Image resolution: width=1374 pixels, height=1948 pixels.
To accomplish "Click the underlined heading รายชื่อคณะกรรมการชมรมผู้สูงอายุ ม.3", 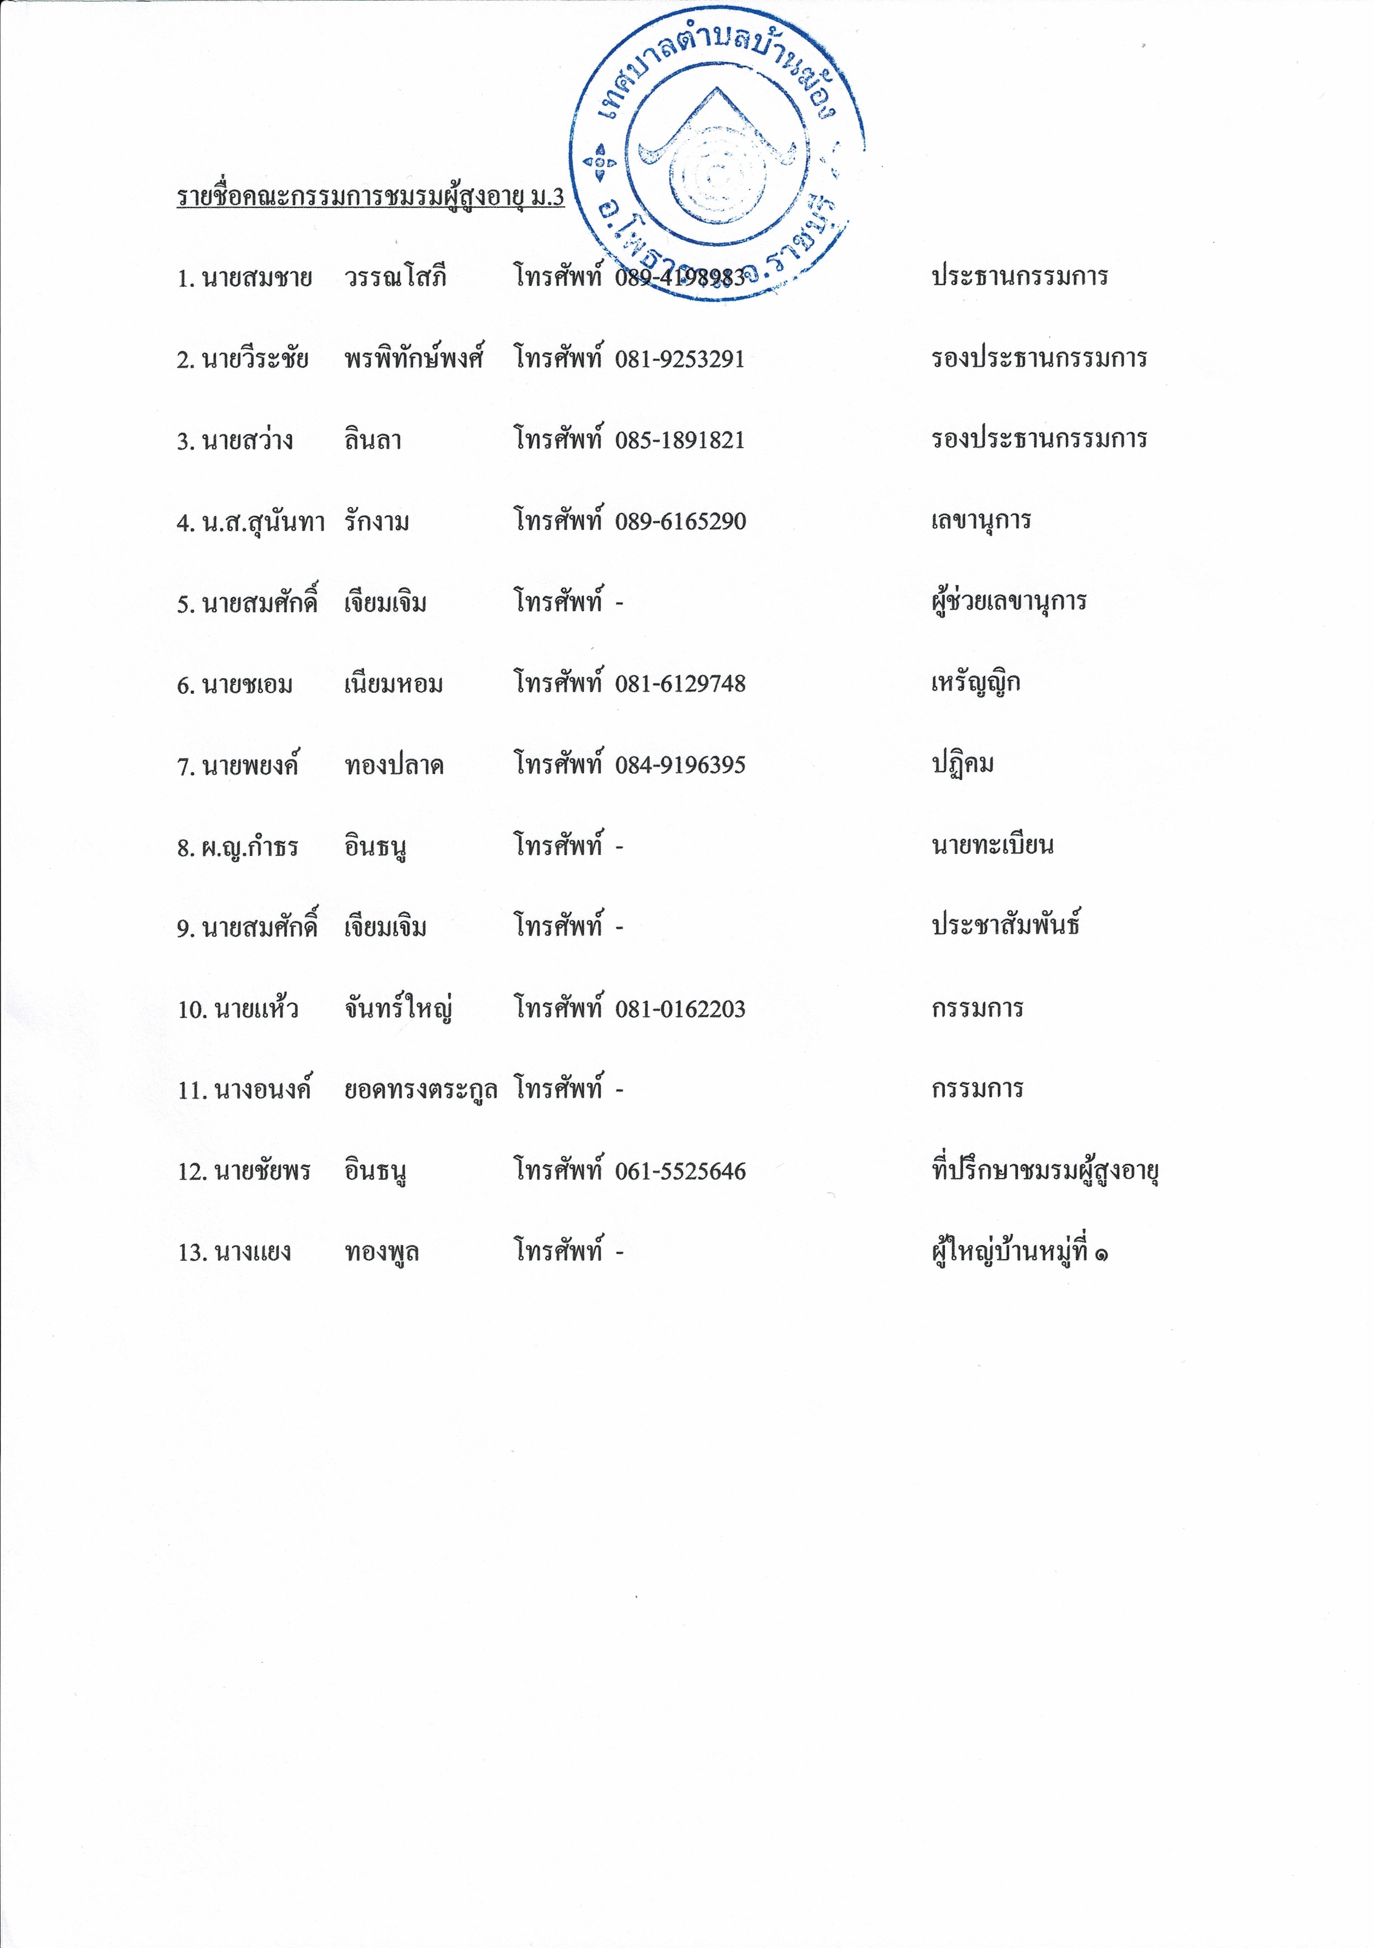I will coord(370,197).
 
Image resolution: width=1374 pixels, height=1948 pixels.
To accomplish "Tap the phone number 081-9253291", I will coord(680,359).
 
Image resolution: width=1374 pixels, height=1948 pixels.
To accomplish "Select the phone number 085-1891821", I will coord(680,440).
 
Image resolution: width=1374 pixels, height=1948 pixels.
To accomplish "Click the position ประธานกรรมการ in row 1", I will coord(1019,276).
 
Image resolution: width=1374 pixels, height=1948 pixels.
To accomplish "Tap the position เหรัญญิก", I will coord(975,683).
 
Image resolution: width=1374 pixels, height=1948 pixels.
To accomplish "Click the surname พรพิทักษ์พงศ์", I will coord(413,359).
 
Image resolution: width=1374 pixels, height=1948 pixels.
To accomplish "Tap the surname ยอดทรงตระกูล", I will coord(420,1089).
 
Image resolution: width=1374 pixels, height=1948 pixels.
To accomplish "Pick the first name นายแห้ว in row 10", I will coord(256,1009).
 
